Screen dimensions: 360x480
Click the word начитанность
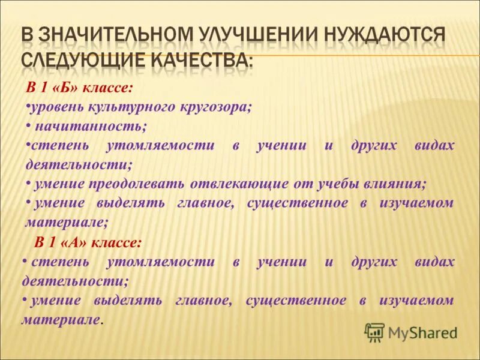click(x=91, y=126)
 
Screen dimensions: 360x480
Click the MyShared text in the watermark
click(x=422, y=332)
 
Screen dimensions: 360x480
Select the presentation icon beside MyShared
click(x=374, y=332)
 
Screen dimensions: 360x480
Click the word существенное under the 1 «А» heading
click(x=296, y=300)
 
